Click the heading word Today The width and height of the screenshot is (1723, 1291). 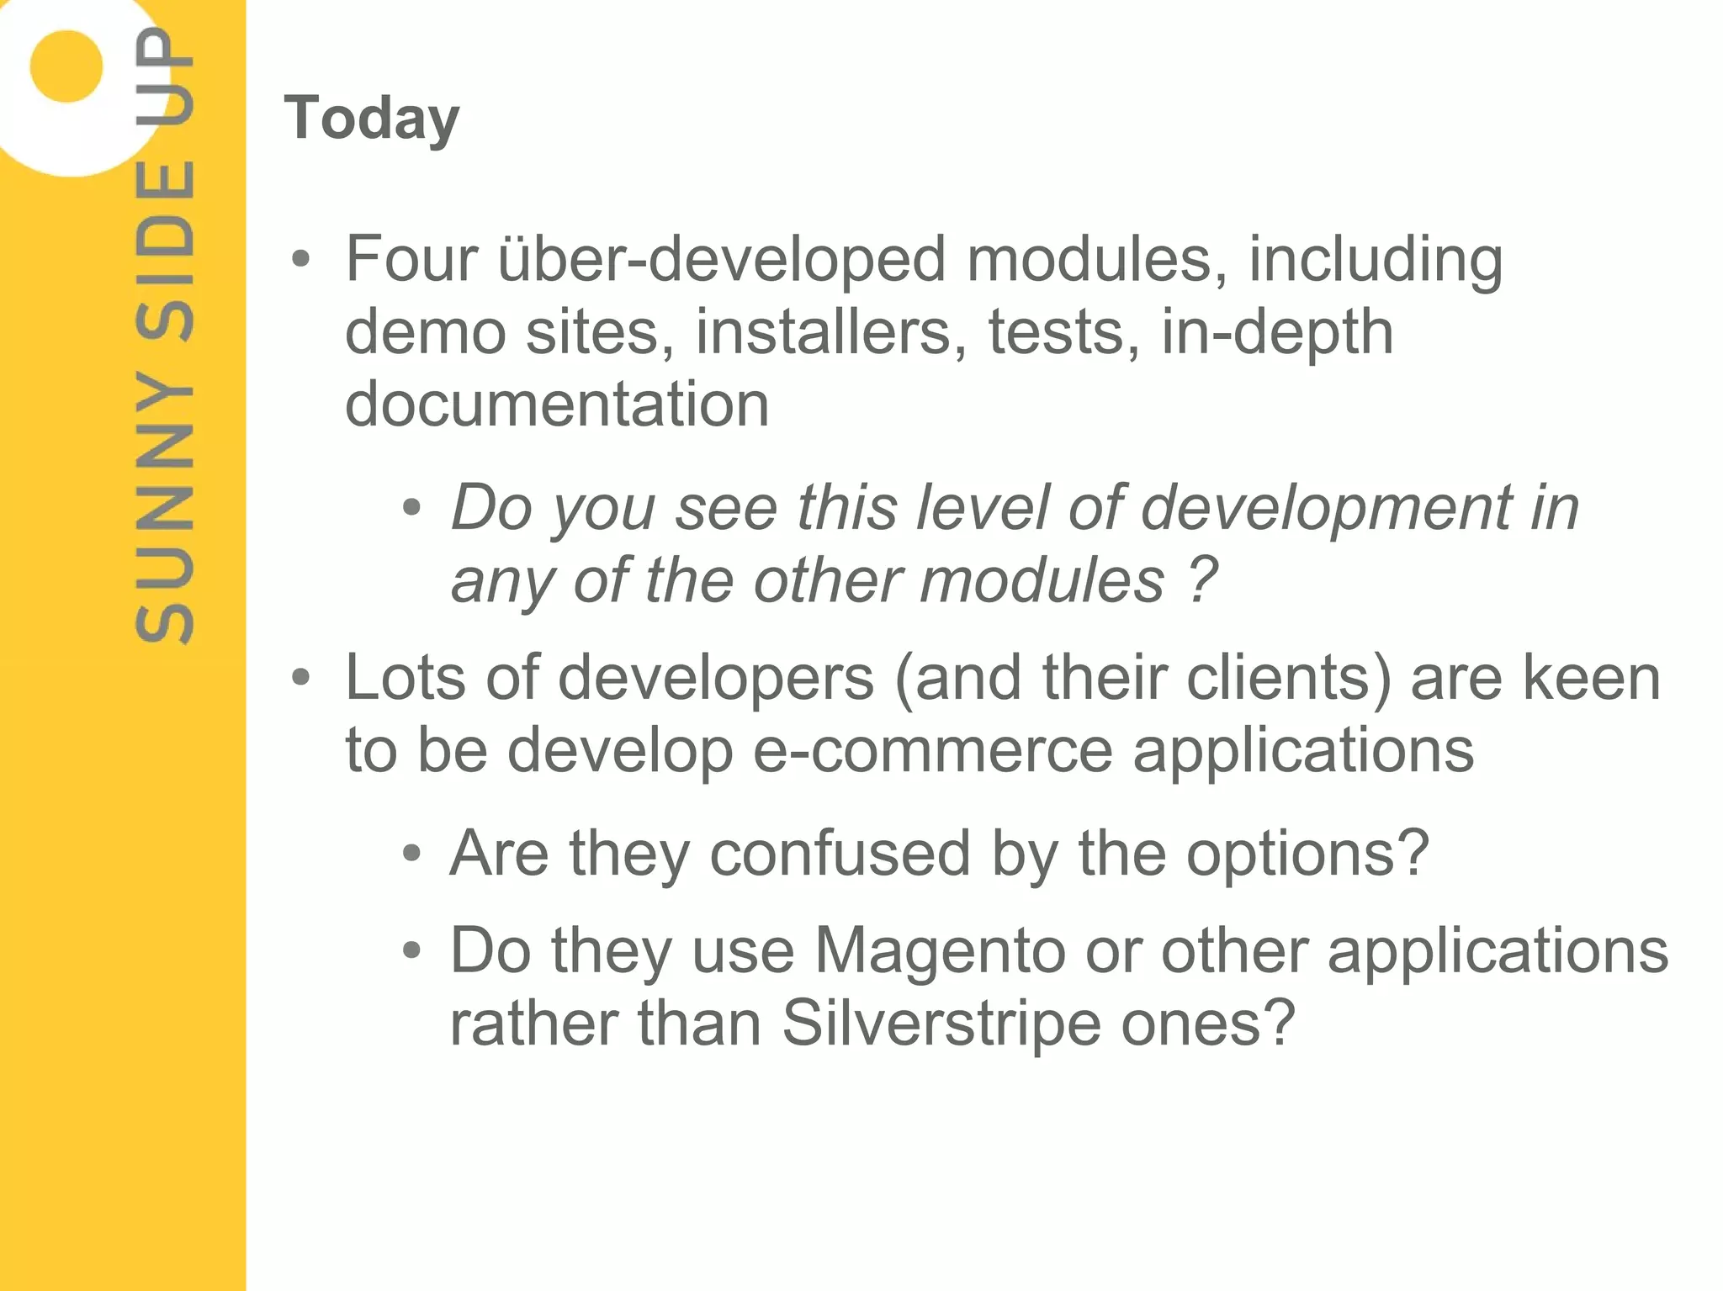(x=372, y=118)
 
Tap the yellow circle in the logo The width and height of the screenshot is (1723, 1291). (x=66, y=66)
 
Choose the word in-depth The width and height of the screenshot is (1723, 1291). (x=1277, y=331)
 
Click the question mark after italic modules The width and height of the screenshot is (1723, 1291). (x=1202, y=580)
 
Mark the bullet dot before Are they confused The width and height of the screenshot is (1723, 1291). (x=411, y=854)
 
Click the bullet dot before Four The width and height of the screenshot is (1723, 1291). (x=300, y=260)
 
